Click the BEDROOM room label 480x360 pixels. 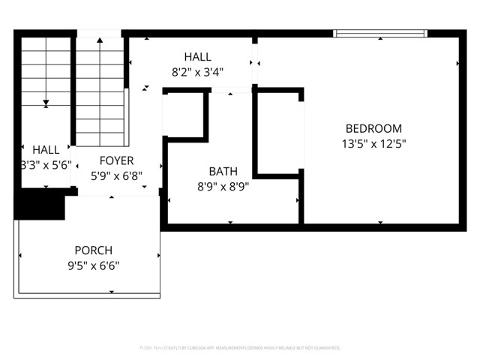click(373, 128)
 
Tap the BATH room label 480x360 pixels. click(223, 172)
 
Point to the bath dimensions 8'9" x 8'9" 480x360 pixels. click(223, 187)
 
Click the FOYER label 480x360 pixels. click(116, 160)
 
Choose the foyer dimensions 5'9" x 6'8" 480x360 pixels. click(116, 175)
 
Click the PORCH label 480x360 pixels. click(93, 250)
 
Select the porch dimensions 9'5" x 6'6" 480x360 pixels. click(93, 265)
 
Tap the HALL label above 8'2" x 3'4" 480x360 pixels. click(198, 57)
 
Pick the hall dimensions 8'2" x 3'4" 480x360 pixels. click(198, 72)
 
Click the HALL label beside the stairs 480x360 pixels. click(46, 150)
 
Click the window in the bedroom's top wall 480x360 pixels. click(380, 33)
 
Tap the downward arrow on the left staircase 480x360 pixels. click(46, 102)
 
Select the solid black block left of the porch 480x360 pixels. click(37, 204)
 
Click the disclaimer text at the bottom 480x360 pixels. click(240, 348)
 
